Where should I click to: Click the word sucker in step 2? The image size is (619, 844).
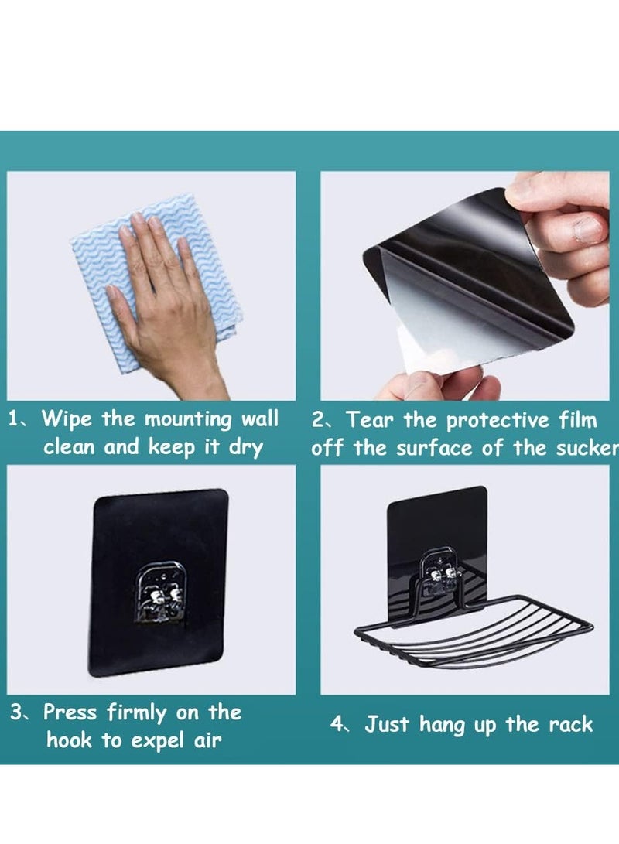590,449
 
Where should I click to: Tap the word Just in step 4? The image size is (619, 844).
389,725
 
